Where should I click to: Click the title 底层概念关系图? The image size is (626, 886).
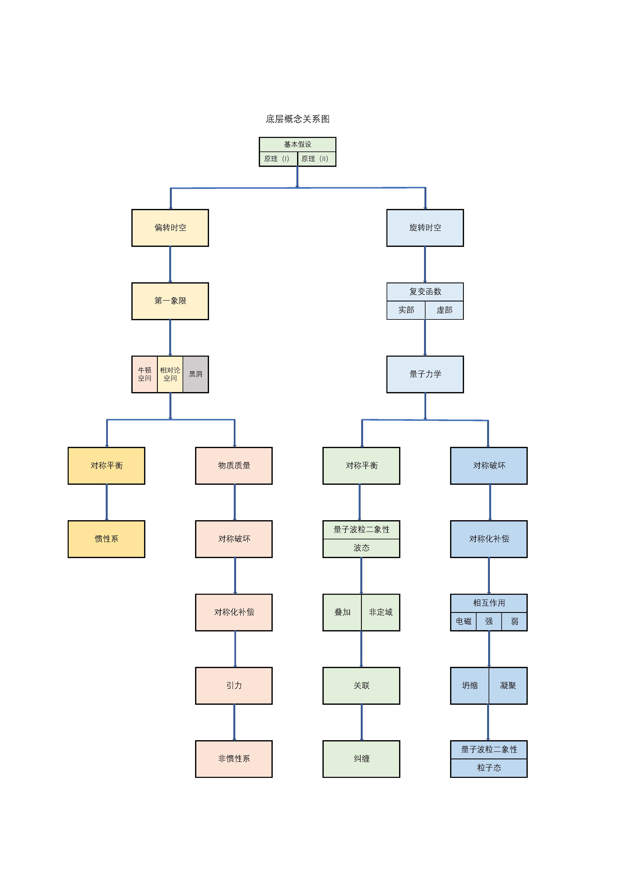click(x=297, y=119)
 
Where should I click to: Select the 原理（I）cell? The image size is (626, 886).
click(x=278, y=159)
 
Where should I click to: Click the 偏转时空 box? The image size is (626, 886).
click(x=170, y=228)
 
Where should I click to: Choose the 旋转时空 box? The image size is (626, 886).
click(x=425, y=228)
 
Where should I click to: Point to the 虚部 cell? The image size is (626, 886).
click(x=444, y=310)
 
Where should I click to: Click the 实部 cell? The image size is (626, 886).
click(x=406, y=310)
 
